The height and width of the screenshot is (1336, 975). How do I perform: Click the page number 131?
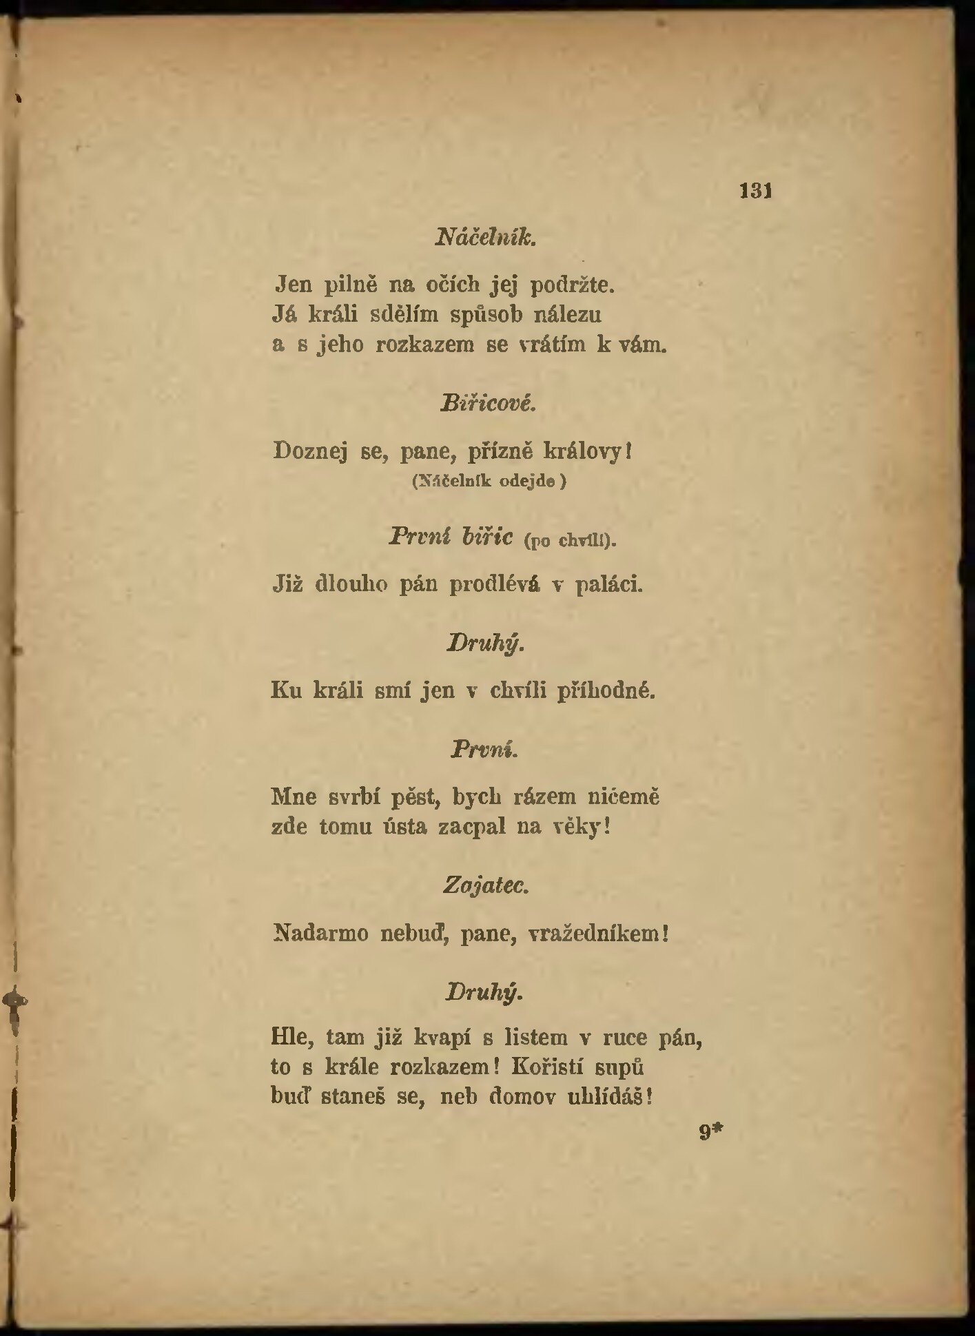[755, 191]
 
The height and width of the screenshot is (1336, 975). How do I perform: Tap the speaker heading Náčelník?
[486, 238]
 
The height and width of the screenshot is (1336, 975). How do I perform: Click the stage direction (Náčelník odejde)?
[489, 481]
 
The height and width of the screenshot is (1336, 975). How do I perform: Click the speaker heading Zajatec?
[486, 885]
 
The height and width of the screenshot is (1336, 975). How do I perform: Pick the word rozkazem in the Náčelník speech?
[425, 345]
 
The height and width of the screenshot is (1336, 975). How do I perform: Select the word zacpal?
[472, 827]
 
